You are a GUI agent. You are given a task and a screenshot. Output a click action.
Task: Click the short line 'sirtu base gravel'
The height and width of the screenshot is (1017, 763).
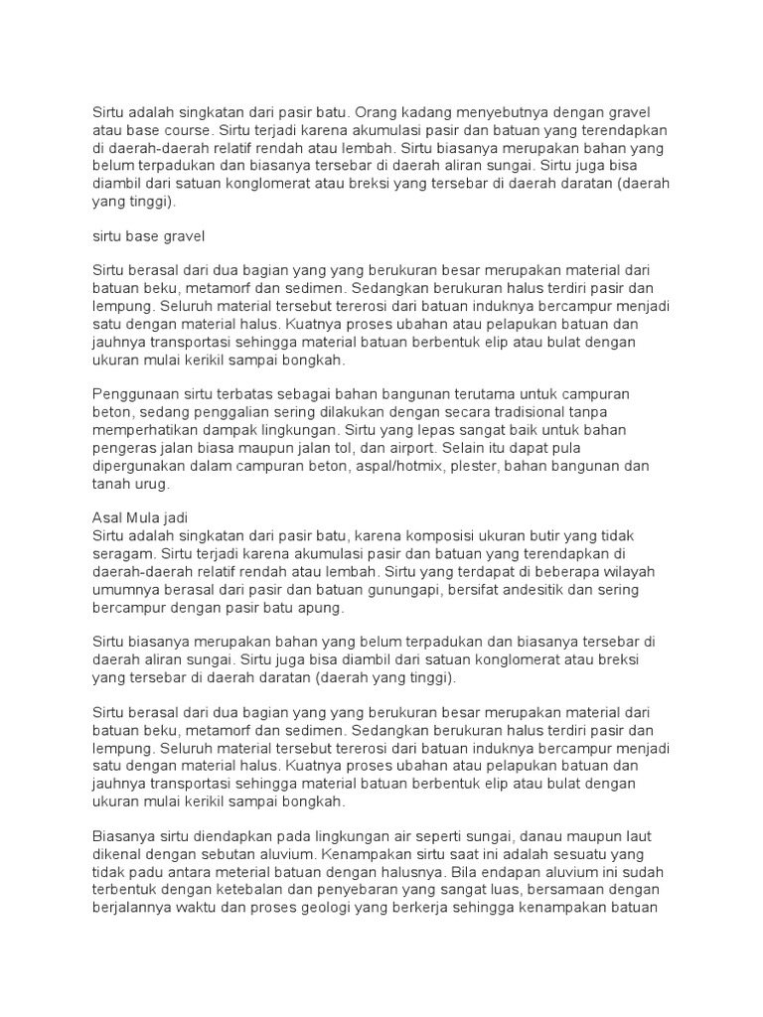148,236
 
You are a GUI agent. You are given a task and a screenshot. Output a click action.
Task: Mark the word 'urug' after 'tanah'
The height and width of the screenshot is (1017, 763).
154,485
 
